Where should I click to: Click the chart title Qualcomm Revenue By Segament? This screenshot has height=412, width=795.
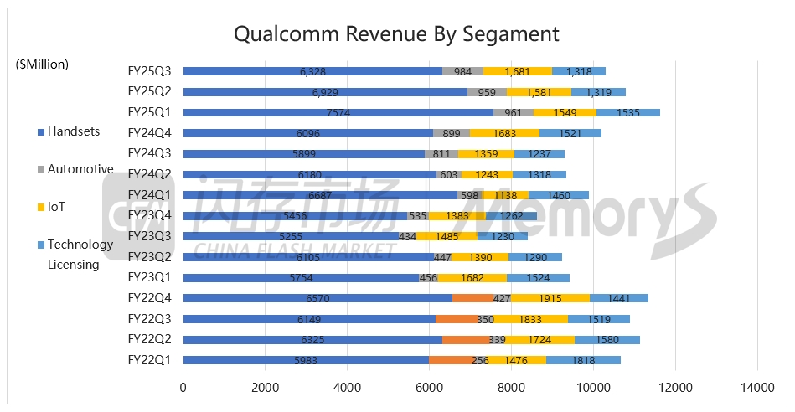click(x=396, y=34)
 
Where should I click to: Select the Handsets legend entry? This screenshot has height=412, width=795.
click(x=73, y=131)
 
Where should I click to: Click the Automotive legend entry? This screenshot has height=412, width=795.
click(x=80, y=169)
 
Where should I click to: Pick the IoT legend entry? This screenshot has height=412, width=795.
click(x=57, y=207)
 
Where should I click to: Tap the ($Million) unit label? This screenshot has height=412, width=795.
click(x=42, y=64)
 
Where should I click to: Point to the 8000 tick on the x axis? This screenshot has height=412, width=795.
click(x=512, y=388)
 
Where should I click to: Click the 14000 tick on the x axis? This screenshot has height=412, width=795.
click(x=757, y=388)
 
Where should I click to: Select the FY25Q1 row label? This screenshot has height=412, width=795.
click(x=149, y=112)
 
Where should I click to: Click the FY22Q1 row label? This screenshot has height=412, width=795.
click(x=149, y=359)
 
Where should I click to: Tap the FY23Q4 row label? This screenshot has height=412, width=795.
click(x=149, y=215)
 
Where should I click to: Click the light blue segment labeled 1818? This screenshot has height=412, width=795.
click(x=584, y=359)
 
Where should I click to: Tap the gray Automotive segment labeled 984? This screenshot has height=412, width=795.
click(x=463, y=71)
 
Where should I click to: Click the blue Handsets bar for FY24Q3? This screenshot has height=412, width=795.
click(x=303, y=153)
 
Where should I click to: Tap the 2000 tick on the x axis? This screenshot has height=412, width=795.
click(x=266, y=388)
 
